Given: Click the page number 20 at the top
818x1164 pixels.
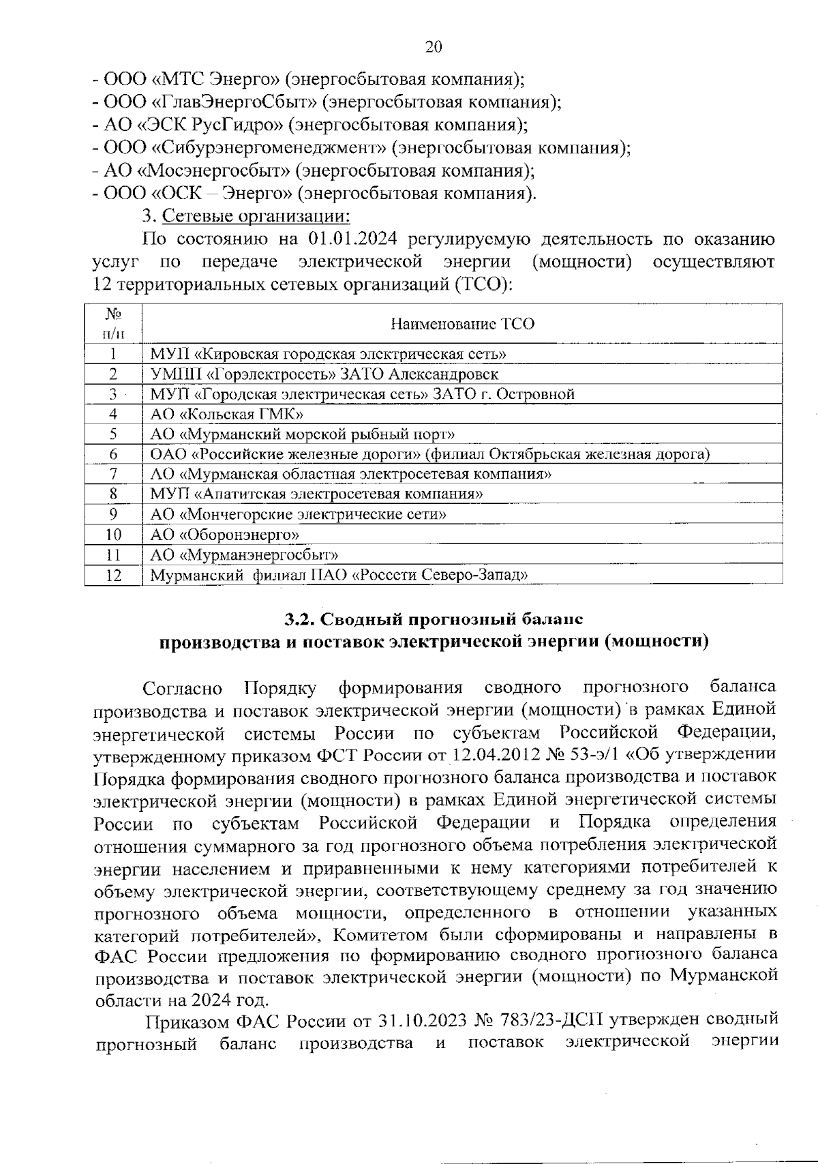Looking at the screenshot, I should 434,46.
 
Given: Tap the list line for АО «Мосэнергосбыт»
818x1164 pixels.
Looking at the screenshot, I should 314,170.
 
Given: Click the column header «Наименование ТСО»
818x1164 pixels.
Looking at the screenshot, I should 462,324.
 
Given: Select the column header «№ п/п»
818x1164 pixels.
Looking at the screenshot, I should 113,323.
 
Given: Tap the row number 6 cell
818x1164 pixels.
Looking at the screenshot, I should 113,454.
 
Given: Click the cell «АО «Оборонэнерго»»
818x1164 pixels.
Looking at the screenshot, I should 224,534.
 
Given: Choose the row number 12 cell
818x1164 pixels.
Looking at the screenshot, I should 113,575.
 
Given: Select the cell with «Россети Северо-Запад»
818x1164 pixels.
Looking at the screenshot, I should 339,575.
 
